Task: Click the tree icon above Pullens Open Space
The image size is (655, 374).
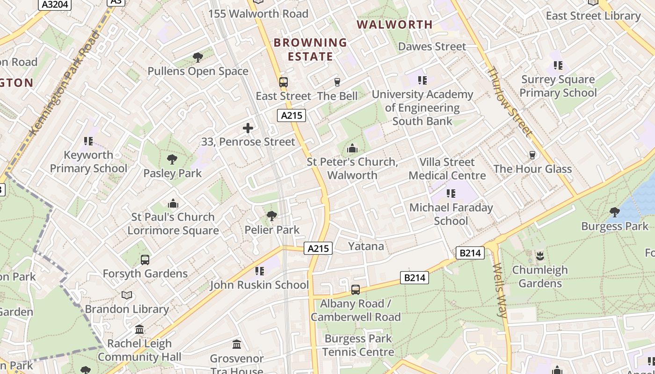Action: point(198,58)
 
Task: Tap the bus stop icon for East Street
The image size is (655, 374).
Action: point(283,82)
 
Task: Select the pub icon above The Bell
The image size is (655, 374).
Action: point(337,82)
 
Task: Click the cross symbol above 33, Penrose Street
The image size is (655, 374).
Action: point(248,128)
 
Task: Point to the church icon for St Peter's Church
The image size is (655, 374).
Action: point(352,149)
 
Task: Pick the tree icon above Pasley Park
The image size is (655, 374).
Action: point(172,159)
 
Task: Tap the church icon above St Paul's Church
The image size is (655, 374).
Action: point(173,203)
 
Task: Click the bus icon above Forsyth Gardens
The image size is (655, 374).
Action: point(145,259)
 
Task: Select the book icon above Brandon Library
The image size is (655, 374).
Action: point(127,295)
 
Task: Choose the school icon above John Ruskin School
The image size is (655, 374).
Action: point(260,271)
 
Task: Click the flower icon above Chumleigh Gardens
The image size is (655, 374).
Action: point(540,256)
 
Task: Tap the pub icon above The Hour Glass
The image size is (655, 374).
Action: point(532,155)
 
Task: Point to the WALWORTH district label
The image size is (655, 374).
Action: point(395,24)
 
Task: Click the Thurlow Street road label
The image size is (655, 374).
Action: point(509,101)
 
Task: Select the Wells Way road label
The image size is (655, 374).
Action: point(500,290)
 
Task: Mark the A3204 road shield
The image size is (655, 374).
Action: point(55,5)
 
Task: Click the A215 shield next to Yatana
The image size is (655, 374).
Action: point(318,249)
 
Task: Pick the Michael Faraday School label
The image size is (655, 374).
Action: point(451,214)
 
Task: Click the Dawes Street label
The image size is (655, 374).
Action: point(432,46)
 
